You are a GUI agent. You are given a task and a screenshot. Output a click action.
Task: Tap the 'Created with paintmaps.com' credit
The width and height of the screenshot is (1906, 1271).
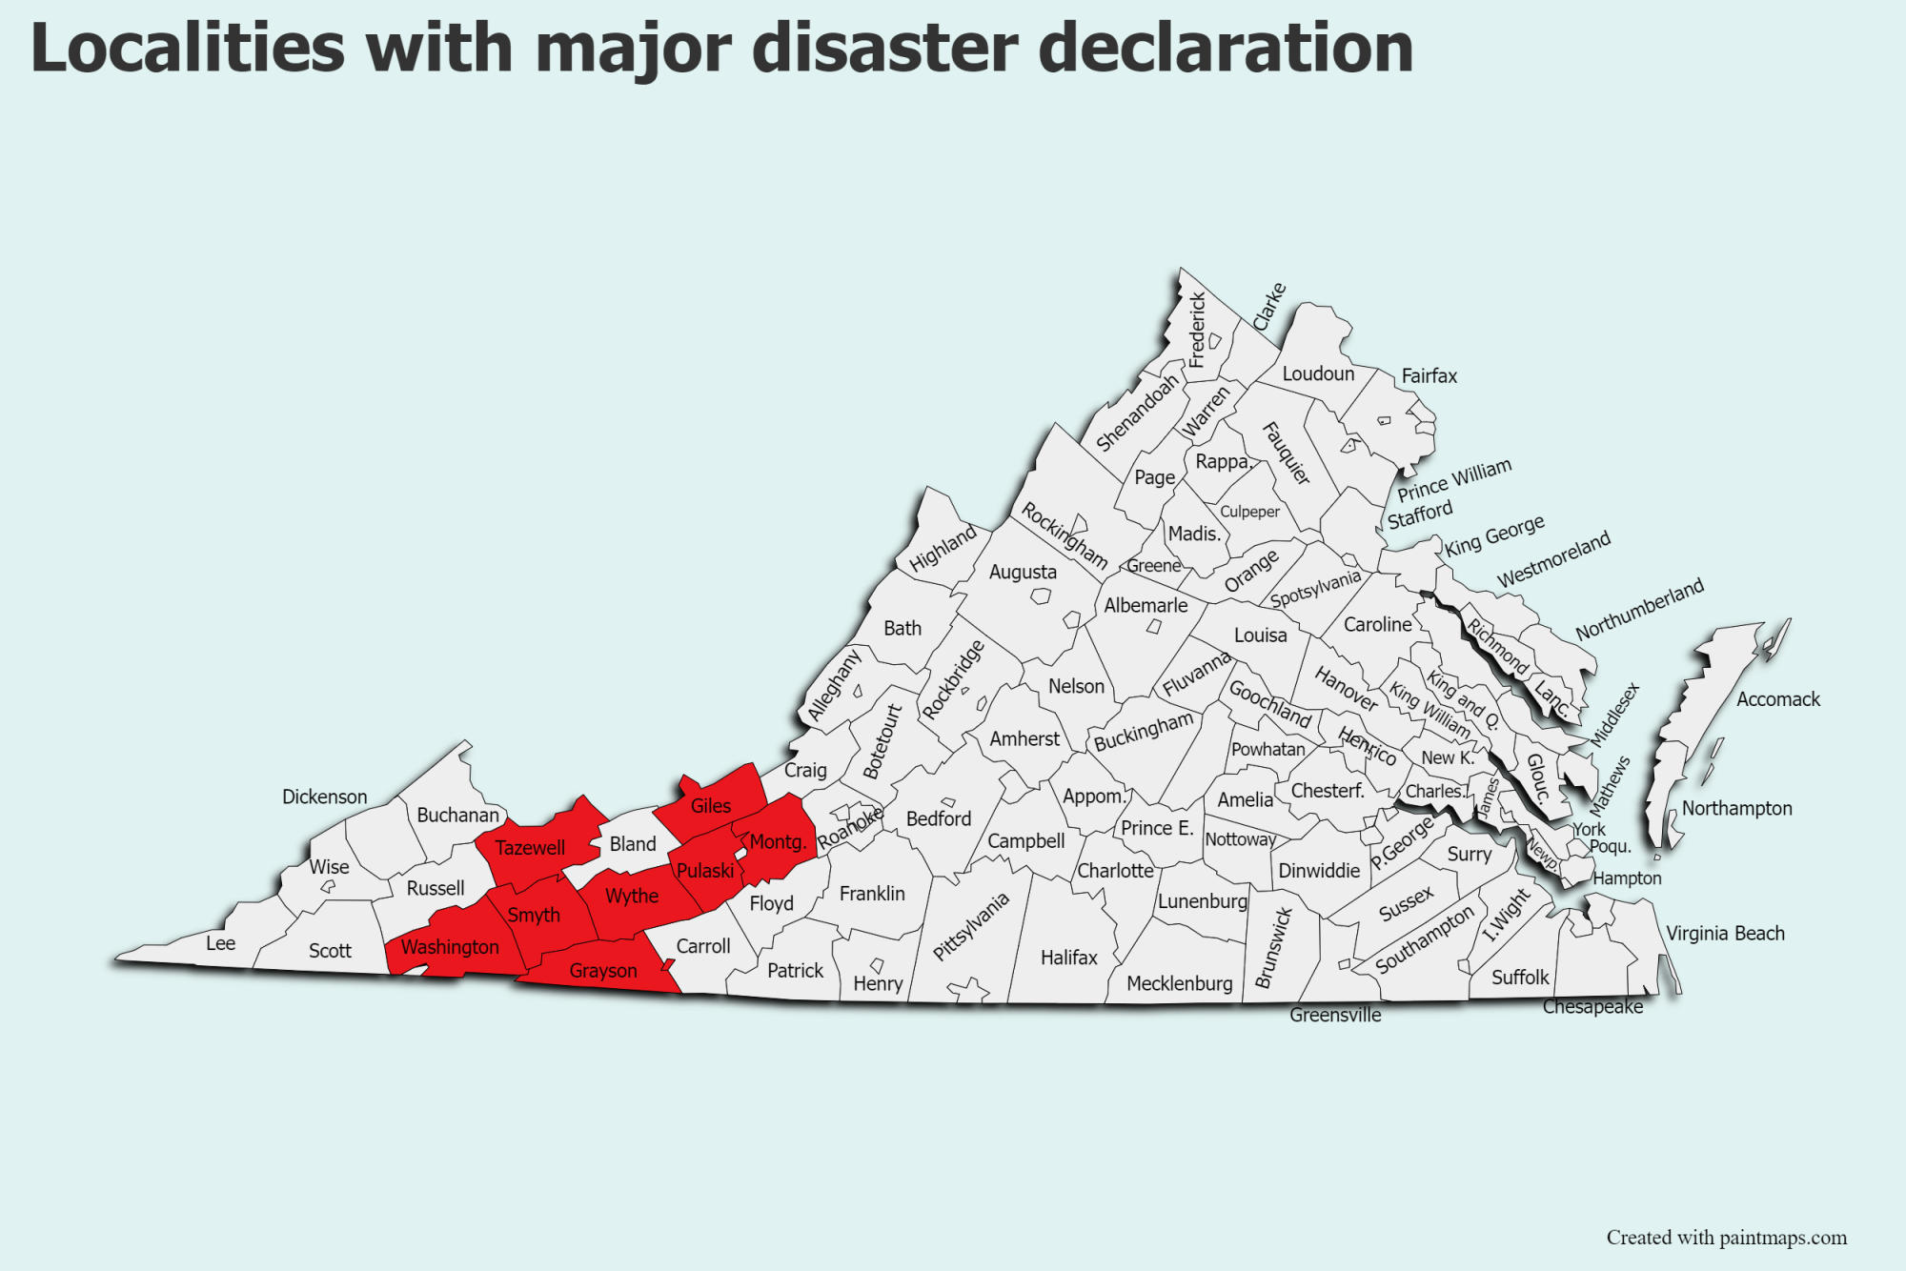(1726, 1238)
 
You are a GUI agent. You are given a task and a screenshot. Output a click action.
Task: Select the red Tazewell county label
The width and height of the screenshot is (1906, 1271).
(530, 848)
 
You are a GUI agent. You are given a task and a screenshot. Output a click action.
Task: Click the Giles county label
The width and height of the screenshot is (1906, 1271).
(711, 806)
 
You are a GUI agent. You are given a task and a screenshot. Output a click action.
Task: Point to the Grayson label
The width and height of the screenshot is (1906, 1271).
(603, 971)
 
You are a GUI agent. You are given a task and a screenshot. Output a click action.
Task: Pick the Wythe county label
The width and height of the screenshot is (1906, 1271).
(632, 897)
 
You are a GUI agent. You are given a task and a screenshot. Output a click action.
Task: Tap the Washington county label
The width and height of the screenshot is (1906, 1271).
(450, 947)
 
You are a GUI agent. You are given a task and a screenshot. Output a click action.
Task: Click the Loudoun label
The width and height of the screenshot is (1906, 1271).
(1318, 373)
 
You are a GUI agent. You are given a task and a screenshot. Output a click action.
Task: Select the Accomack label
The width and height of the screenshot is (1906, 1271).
(1777, 699)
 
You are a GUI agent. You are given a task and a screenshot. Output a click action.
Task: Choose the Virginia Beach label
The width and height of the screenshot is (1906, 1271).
(1725, 934)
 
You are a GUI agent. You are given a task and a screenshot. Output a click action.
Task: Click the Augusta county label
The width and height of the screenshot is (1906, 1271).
(1023, 572)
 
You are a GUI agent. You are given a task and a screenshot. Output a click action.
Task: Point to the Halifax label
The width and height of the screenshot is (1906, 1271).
(1069, 958)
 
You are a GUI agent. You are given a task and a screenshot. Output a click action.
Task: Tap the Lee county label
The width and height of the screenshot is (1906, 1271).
(220, 943)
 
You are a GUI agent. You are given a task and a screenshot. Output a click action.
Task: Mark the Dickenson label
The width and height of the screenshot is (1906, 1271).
(324, 797)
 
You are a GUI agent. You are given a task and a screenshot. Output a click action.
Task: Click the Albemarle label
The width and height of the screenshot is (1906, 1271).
(1146, 605)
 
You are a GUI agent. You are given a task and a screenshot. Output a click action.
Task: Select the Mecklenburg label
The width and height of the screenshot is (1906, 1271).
(1179, 983)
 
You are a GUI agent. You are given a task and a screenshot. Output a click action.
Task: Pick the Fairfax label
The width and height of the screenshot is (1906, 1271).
(1429, 376)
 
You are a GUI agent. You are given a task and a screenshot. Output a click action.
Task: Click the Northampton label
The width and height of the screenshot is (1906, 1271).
(1736, 808)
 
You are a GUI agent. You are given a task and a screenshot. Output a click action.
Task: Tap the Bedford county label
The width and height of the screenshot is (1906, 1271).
(939, 818)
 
